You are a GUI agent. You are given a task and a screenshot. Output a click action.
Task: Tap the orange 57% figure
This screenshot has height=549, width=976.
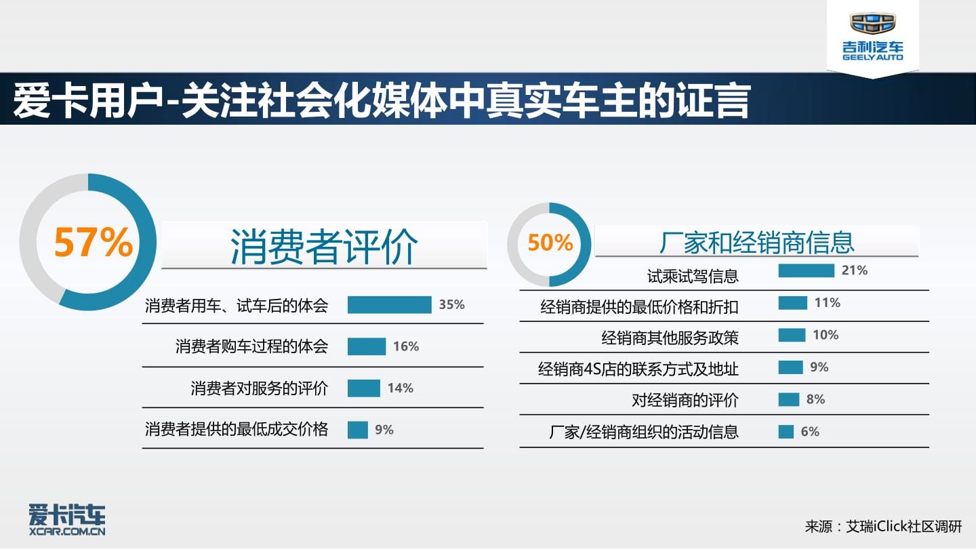94,243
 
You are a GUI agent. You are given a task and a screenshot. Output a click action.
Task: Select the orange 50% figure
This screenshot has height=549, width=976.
550,243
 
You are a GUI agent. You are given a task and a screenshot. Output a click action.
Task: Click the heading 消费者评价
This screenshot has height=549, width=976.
324,246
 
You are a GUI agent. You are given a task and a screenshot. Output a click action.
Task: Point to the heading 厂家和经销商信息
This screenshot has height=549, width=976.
757,242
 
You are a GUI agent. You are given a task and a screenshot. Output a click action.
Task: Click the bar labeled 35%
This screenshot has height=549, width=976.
390,304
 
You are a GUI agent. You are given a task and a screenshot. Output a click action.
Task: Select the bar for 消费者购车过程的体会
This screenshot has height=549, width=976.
367,346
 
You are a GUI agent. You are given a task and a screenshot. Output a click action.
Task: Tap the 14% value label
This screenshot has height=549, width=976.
401,388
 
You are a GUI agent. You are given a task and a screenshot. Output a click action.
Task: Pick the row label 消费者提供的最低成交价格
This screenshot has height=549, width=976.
237,430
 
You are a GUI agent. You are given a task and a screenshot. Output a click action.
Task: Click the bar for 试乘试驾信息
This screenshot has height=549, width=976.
807,270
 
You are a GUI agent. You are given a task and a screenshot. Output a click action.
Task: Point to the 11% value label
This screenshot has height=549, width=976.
828,302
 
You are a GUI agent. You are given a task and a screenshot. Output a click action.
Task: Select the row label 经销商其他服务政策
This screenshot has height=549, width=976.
670,338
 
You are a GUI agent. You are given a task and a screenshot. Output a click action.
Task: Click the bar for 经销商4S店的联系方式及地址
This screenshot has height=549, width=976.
791,367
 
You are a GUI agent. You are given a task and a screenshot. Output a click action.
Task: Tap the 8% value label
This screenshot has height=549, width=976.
815,399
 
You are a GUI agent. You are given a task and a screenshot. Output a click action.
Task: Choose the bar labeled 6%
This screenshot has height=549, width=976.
786,431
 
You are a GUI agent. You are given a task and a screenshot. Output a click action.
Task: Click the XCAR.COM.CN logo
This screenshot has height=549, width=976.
67,519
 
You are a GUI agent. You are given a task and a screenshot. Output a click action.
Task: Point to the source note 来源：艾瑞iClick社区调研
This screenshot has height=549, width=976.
883,527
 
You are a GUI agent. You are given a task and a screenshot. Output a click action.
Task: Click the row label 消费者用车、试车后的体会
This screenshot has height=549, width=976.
237,306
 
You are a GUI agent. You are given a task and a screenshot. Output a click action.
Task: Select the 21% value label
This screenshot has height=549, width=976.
855,270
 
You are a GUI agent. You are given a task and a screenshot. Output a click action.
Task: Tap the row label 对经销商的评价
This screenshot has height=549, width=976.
685,400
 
